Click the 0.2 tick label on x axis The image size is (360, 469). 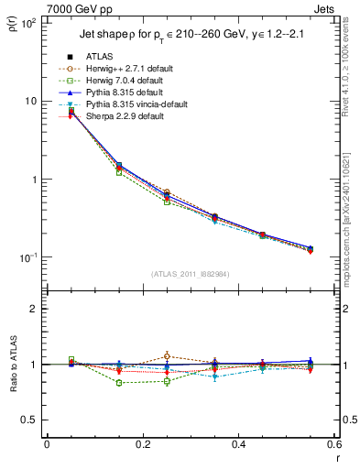(142, 444)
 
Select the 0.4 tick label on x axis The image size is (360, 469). (238, 444)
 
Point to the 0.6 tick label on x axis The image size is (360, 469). (333, 444)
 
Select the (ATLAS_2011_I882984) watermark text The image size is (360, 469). (191, 274)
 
